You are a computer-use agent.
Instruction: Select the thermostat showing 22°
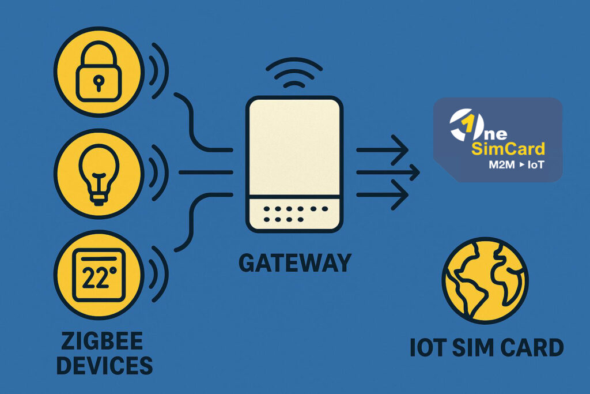click(x=99, y=275)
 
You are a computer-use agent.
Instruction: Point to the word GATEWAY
click(x=294, y=262)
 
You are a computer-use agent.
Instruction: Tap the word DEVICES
click(x=101, y=366)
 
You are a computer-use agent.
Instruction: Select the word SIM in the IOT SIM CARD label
click(x=468, y=348)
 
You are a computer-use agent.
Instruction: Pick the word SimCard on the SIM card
click(x=508, y=149)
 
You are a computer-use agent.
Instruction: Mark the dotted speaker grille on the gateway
click(x=295, y=213)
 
